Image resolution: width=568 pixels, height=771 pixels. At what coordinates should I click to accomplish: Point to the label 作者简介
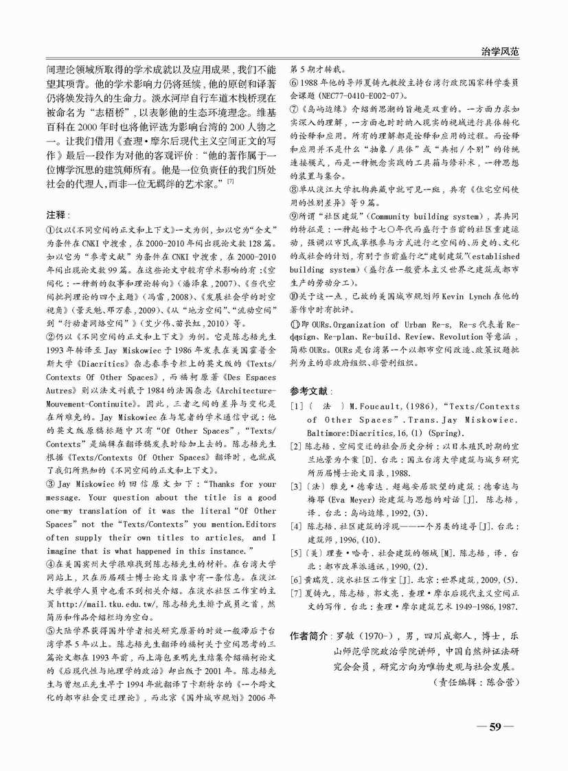(x=309, y=636)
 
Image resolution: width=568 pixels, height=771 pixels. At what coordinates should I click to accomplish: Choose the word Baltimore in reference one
(x=331, y=433)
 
